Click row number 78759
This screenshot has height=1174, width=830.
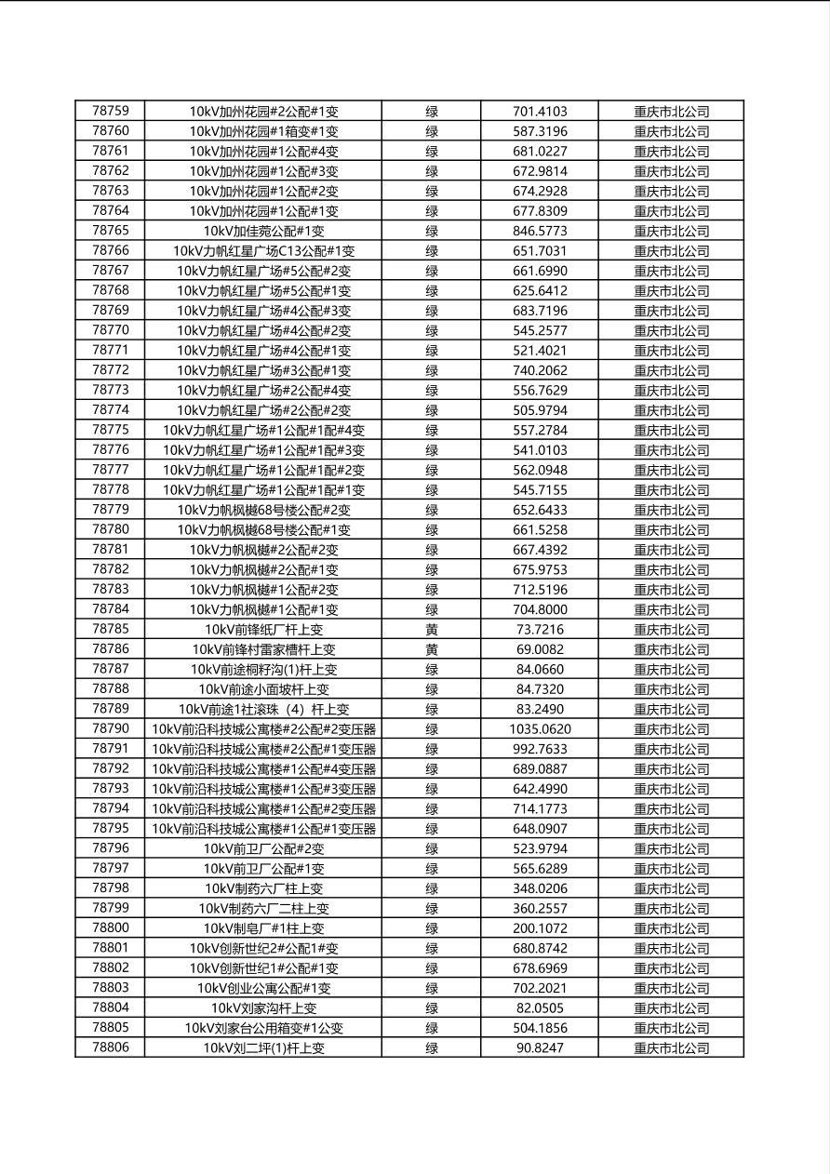(x=111, y=112)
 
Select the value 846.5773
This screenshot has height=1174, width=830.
(x=540, y=231)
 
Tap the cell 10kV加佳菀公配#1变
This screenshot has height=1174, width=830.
(x=263, y=231)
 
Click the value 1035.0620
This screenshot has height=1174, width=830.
(x=540, y=729)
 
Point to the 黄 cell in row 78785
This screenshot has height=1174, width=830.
(x=432, y=630)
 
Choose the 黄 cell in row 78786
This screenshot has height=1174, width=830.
(x=432, y=649)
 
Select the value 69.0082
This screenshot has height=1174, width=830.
(x=540, y=649)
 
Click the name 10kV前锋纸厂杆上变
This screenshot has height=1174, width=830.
(x=263, y=630)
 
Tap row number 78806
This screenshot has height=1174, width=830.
(x=111, y=1047)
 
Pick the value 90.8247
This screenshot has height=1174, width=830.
(x=540, y=1047)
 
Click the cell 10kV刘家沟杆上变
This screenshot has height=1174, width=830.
(x=263, y=1008)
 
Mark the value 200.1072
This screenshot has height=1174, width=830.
(x=540, y=928)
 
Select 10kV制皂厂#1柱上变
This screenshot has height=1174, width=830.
(x=263, y=928)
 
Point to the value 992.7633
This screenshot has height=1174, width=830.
(x=540, y=749)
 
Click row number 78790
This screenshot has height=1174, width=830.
(x=111, y=729)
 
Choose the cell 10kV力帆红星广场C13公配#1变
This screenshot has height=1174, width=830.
(x=263, y=251)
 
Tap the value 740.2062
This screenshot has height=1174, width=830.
(x=540, y=370)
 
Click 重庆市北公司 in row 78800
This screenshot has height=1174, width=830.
(x=671, y=928)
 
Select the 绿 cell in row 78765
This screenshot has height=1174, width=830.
(x=432, y=231)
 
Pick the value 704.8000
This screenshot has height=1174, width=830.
(x=540, y=609)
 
